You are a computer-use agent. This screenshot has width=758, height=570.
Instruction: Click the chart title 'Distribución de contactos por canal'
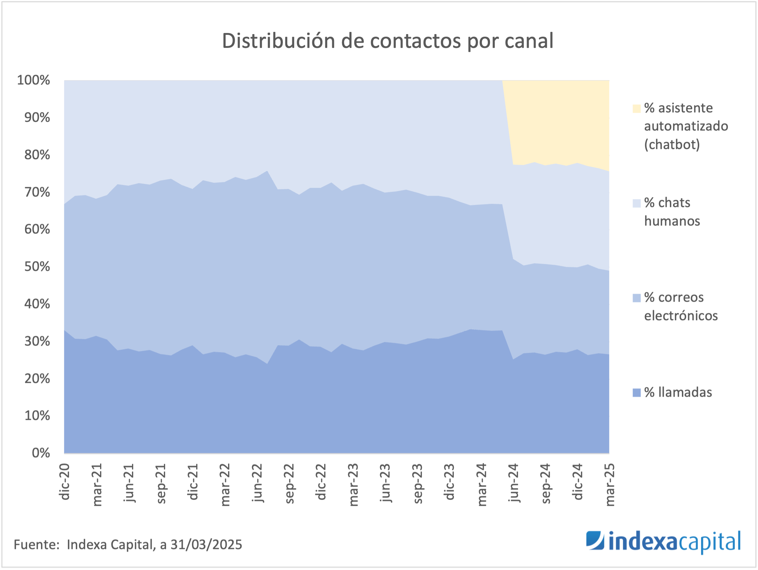[x=387, y=41]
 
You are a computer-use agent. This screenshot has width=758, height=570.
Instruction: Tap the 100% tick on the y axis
[x=33, y=80]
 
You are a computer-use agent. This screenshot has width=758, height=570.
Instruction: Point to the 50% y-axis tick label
[x=37, y=267]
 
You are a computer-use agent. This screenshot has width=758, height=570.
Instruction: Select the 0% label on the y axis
[x=41, y=453]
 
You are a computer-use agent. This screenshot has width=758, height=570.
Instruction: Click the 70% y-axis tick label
[x=37, y=192]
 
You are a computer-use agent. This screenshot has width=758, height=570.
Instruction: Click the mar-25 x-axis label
[x=610, y=484]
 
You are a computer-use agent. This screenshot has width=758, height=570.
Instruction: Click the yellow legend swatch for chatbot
[x=637, y=109]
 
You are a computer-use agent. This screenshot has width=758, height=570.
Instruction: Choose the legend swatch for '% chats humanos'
[x=637, y=203]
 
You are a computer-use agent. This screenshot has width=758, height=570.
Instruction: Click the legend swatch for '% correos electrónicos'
[x=637, y=298]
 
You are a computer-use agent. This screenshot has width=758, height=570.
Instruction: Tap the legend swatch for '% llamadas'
[x=637, y=393]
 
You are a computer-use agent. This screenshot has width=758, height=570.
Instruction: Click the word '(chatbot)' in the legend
[x=672, y=145]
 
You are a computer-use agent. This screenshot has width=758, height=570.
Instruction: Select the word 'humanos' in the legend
[x=672, y=221]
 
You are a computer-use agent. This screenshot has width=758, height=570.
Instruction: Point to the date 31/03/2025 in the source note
[x=206, y=545]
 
